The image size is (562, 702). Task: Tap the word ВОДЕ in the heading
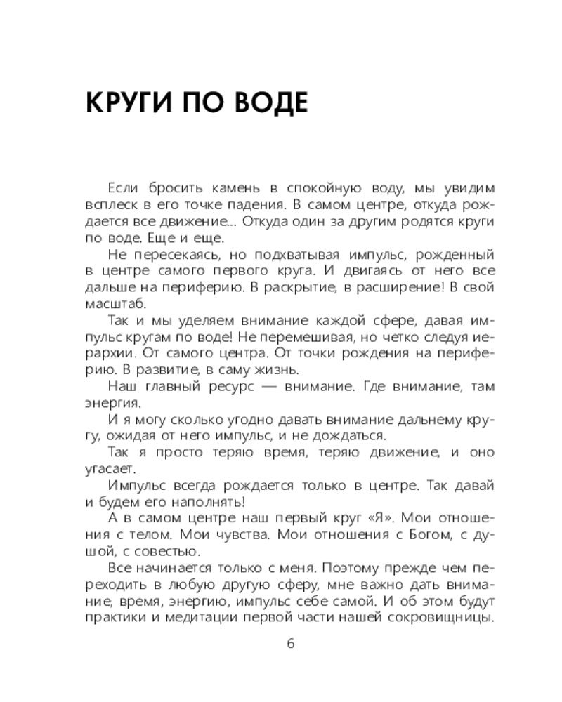point(270,102)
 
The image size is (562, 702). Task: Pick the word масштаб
point(115,305)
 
